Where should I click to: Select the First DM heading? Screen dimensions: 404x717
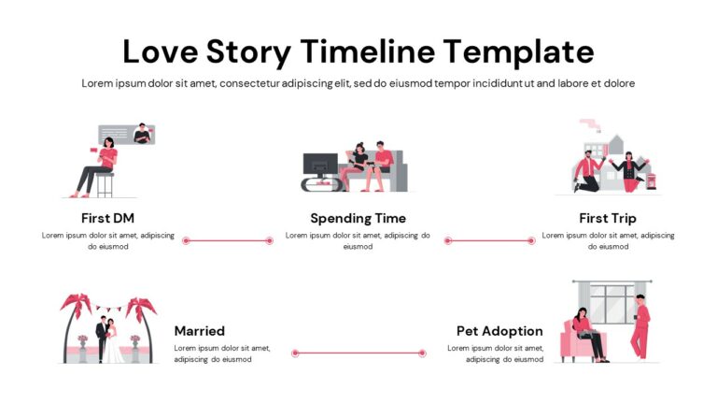[108, 218]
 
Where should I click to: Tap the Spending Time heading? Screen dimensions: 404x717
[358, 218]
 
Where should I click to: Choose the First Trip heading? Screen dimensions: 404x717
[608, 218]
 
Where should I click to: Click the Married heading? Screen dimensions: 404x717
[199, 330]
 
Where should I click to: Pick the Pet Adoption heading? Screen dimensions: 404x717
[499, 330]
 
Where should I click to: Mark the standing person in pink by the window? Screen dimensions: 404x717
[640, 326]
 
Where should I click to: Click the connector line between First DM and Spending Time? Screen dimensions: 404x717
[228, 240]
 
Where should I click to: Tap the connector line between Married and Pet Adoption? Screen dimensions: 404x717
[358, 353]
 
